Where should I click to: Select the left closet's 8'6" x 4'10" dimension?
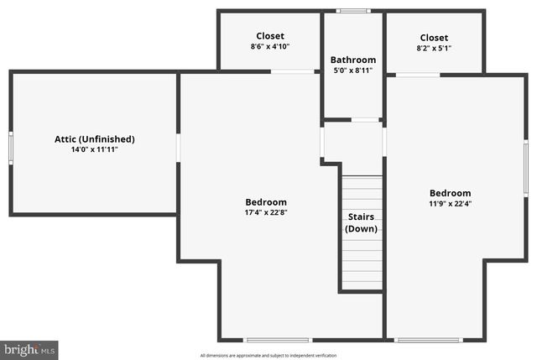[270, 47]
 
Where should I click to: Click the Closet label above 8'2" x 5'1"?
[434, 38]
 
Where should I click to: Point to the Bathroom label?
[353, 60]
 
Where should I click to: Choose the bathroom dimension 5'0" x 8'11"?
[353, 71]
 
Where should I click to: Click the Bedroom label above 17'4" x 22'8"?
[266, 202]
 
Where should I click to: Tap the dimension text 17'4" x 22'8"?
[266, 212]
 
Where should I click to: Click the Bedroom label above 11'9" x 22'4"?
[451, 193]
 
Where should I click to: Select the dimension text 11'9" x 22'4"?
[451, 203]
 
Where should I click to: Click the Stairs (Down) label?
[362, 222]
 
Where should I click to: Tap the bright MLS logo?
[30, 348]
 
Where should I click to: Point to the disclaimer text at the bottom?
[268, 355]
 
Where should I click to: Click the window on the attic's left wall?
[11, 148]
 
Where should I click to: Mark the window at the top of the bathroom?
[353, 11]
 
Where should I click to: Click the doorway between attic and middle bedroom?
[179, 148]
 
